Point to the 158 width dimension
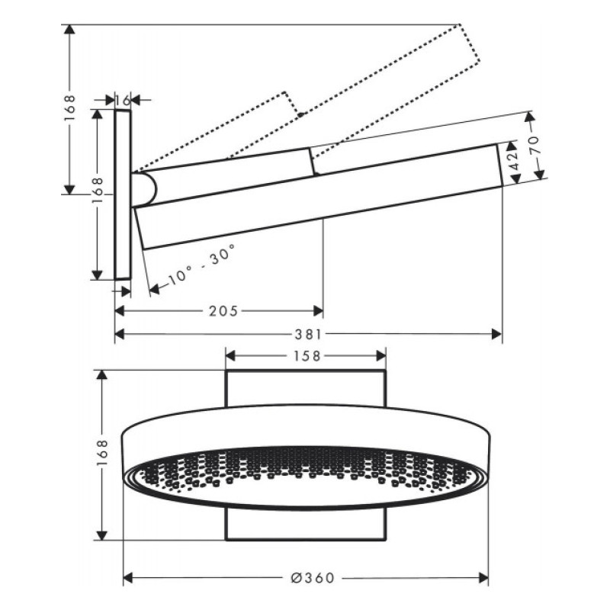coord(306,355)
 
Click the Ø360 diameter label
coord(313,578)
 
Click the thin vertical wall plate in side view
coord(123,194)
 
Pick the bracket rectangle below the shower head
coord(305,525)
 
